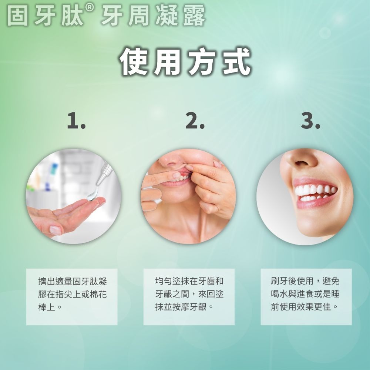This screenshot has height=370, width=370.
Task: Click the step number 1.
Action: click(76, 121)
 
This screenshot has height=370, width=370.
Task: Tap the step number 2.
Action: click(195, 121)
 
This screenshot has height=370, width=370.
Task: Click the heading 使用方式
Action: click(185, 61)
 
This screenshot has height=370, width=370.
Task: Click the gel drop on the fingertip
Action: click(91, 196)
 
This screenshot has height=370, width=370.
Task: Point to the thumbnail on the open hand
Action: click(55, 230)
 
